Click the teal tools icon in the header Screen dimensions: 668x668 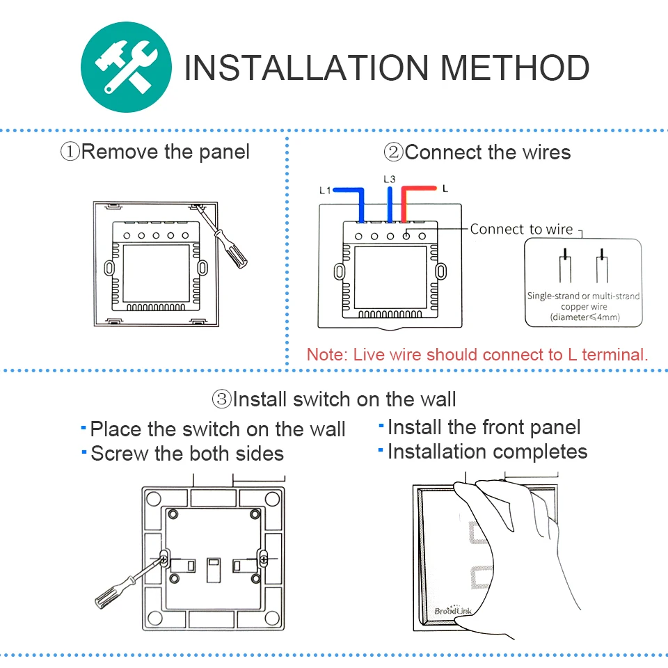tap(127, 67)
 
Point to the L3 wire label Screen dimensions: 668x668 tap(389, 179)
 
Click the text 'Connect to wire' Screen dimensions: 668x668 tap(521, 229)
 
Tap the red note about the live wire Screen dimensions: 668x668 tap(477, 354)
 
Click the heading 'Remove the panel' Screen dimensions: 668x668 tap(165, 151)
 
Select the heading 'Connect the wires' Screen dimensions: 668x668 tap(487, 152)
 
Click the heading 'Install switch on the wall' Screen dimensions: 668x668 tap(344, 399)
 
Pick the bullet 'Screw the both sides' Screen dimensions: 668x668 tap(186, 454)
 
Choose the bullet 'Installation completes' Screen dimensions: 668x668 tap(487, 452)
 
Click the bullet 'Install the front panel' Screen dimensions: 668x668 tap(484, 427)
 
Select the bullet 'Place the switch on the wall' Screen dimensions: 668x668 tap(217, 429)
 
